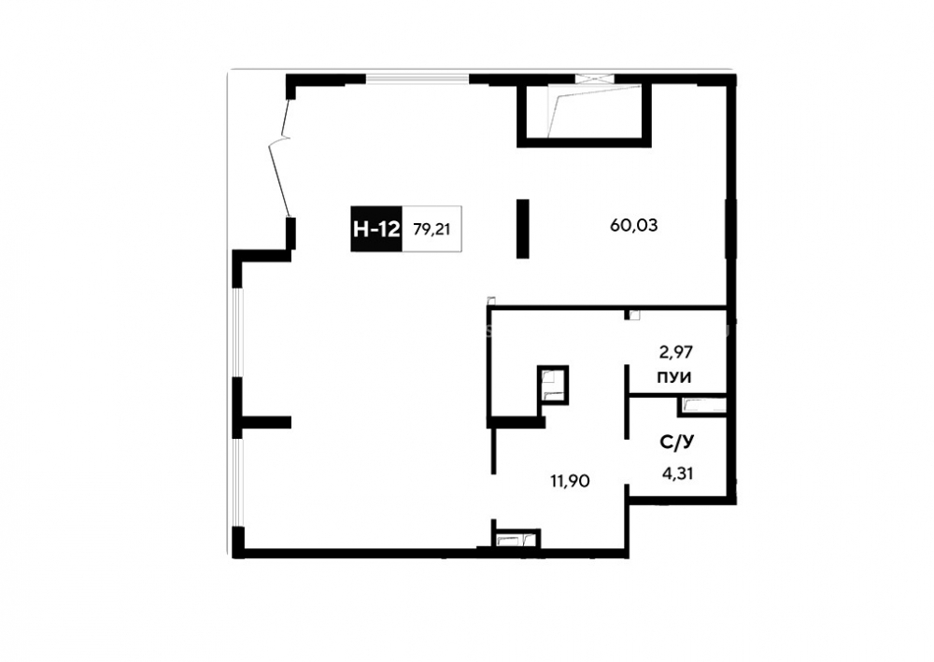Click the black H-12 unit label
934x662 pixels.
376,229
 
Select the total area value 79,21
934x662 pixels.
432,229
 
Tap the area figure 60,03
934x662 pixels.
634,226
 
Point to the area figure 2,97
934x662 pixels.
676,352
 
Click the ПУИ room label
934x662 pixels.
673,377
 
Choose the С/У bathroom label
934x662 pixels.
677,443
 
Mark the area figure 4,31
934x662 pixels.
677,474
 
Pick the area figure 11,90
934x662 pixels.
570,481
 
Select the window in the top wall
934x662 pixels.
417,78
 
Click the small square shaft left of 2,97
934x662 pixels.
553,384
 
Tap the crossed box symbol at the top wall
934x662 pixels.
594,77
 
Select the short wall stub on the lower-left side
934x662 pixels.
266,422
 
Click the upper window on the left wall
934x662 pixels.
237,333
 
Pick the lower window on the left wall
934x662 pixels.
237,483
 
